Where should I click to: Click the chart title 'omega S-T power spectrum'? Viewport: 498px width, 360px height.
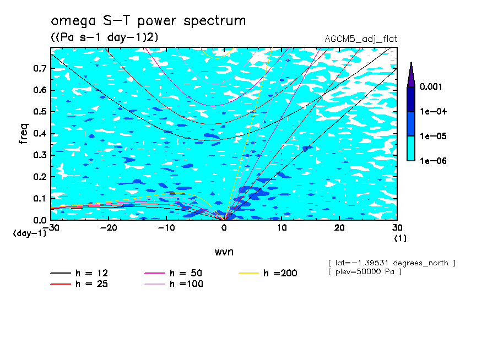(148, 21)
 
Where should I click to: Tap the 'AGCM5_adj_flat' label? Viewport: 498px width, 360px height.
(361, 39)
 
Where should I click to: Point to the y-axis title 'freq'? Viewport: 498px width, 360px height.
(24, 134)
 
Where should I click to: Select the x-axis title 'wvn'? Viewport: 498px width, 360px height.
(224, 252)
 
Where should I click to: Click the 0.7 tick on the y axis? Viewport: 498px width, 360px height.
(40, 68)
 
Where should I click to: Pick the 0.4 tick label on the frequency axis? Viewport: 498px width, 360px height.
(40, 133)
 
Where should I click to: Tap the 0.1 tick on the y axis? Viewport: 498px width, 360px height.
(40, 198)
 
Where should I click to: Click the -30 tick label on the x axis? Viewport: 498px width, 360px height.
(51, 227)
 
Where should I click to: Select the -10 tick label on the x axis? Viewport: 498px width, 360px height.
(166, 227)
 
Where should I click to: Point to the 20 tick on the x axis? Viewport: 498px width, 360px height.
(339, 227)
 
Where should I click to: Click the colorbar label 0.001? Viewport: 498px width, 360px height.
(432, 87)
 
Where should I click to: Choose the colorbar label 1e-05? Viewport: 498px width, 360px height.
(432, 136)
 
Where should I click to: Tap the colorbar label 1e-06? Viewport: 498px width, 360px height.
(432, 161)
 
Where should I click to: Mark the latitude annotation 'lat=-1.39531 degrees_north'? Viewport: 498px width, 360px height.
(391, 263)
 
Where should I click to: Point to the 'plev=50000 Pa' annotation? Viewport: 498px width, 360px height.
(364, 272)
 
